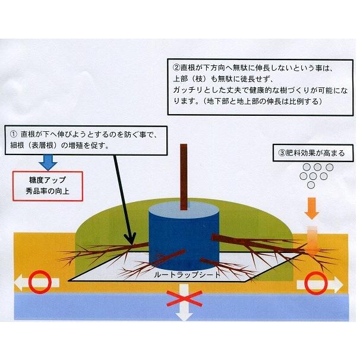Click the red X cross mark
tap(186, 295)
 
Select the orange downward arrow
tap(311, 207)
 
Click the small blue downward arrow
tap(46, 160)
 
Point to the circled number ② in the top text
tap(176, 67)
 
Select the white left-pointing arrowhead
tap(19, 283)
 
